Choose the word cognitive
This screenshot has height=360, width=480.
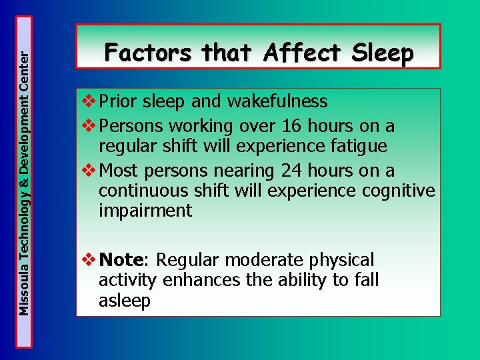point(398,191)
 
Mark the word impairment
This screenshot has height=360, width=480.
point(145,211)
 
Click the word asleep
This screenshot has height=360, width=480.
point(125,301)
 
